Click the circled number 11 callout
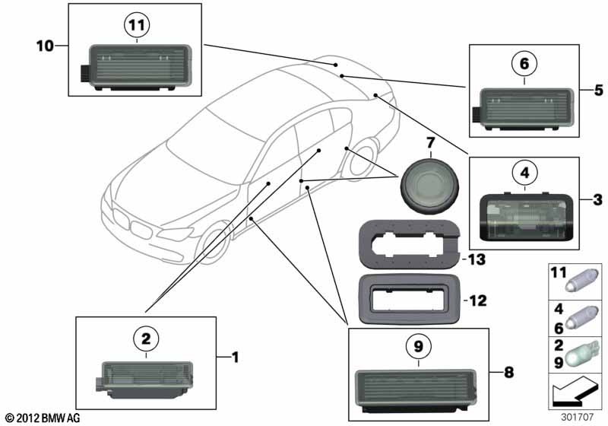pyautogui.click(x=135, y=26)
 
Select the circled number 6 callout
pyautogui.click(x=524, y=66)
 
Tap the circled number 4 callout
pyautogui.click(x=524, y=173)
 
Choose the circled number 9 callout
pyautogui.click(x=417, y=347)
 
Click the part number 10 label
pyautogui.click(x=45, y=46)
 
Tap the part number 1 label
pyautogui.click(x=235, y=356)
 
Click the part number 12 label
pyautogui.click(x=477, y=300)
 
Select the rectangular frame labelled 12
pyautogui.click(x=407, y=300)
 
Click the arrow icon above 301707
pyautogui.click(x=575, y=394)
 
